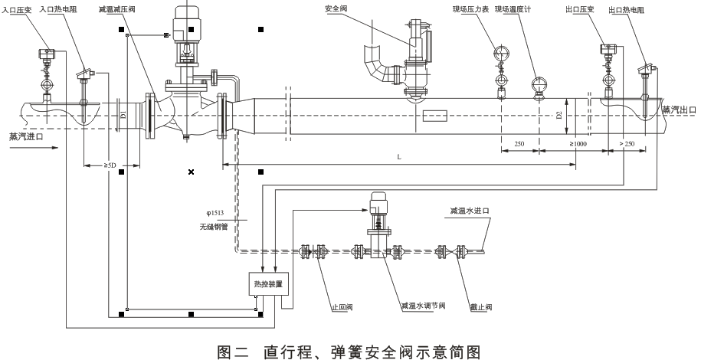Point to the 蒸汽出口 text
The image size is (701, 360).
680,109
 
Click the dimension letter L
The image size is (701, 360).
399,156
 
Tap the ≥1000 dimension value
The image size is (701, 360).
581,144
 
